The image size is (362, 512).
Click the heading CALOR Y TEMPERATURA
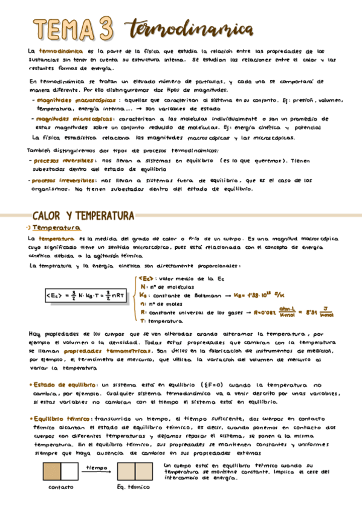click(83, 216)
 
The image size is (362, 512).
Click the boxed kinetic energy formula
click(85, 295)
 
